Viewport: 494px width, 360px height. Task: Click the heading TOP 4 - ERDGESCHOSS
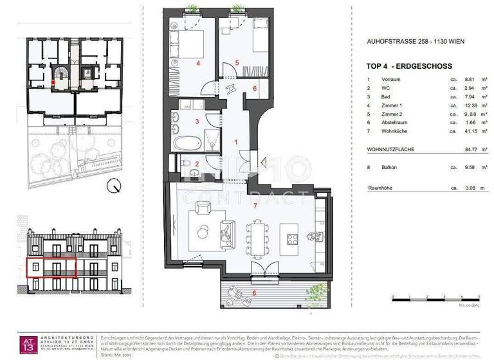coord(409,66)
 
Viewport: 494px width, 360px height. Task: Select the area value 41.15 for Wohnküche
coord(456,131)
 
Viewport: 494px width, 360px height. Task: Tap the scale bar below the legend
coord(435,299)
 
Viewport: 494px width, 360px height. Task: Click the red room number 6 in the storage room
coord(255,89)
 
